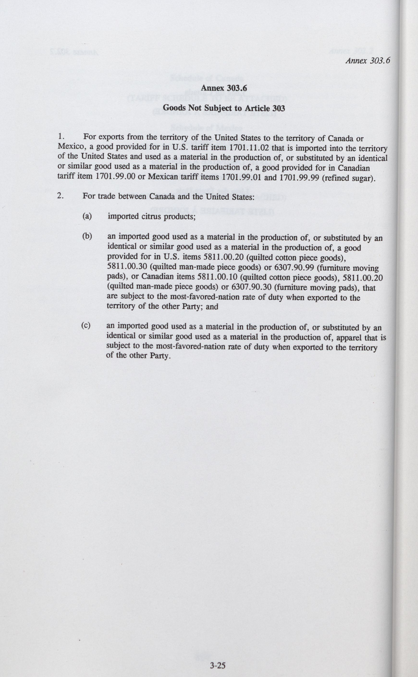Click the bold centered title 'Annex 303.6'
coord(224,88)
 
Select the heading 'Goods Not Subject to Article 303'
coord(224,108)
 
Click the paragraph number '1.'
coord(61,136)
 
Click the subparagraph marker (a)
coord(87,216)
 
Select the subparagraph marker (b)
coord(87,236)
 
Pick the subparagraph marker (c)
coord(86,325)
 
